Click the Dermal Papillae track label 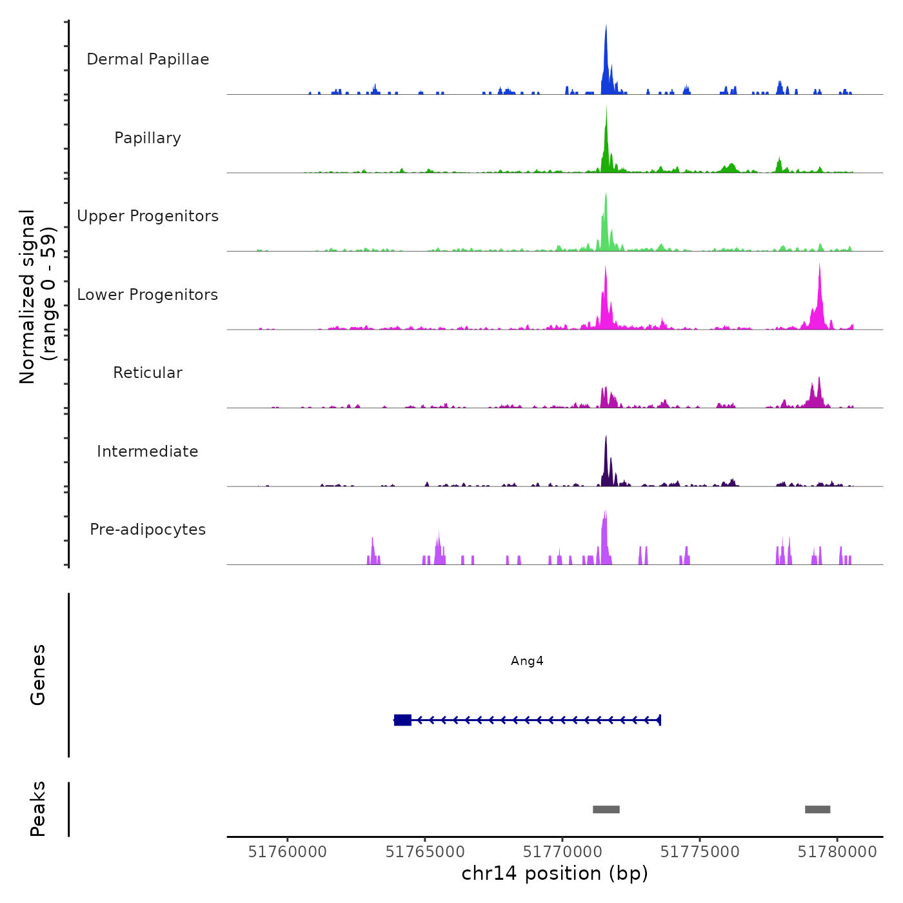(148, 59)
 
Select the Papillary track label (148, 138)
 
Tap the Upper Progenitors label (148, 216)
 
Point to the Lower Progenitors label (148, 295)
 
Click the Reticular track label (148, 373)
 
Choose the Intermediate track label (148, 451)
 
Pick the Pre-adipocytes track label (148, 530)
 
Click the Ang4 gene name (527, 661)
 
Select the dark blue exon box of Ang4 (402, 720)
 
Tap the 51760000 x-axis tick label (288, 852)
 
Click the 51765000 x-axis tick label (425, 852)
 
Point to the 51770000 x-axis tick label (562, 852)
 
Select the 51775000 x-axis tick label (700, 852)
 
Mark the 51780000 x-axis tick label (837, 852)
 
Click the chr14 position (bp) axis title (555, 874)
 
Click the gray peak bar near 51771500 (606, 809)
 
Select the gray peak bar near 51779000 (817, 809)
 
